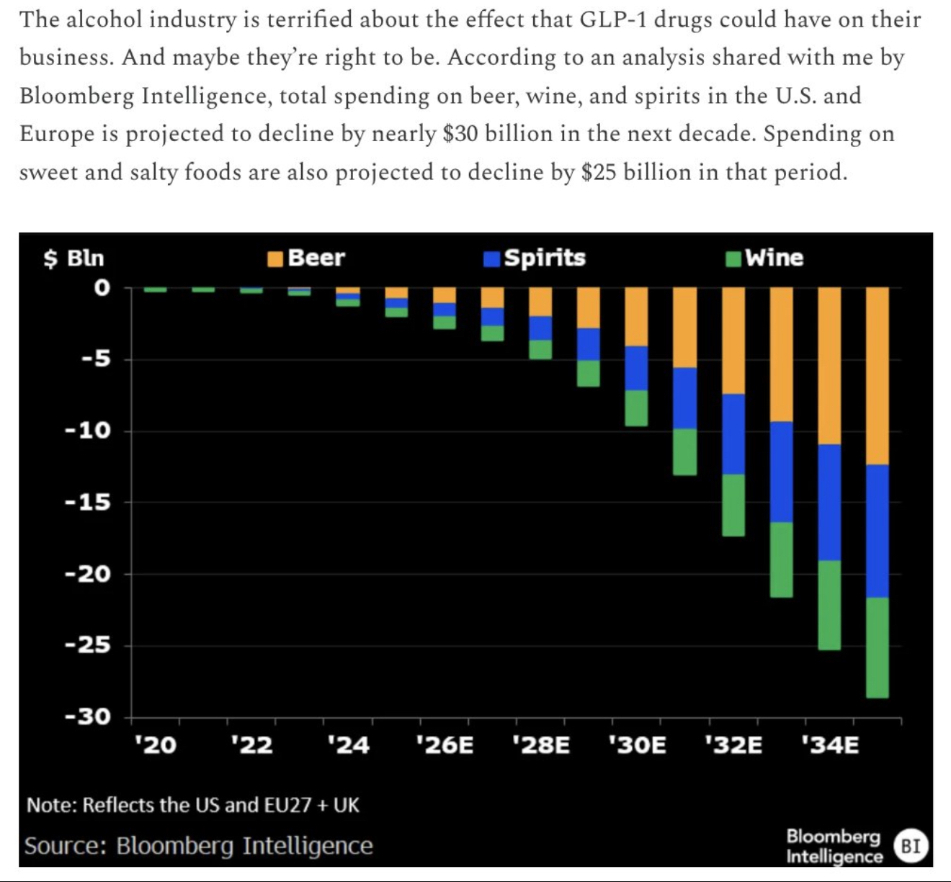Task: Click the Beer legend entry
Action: pos(306,258)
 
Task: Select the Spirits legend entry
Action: pos(535,258)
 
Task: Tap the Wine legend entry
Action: pos(765,258)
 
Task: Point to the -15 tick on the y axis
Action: pos(88,502)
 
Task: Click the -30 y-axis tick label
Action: pos(88,716)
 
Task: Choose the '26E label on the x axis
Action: pos(445,744)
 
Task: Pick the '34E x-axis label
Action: pos(830,744)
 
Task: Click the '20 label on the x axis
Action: pos(155,744)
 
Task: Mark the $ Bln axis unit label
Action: pos(73,258)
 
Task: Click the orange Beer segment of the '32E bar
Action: pos(733,340)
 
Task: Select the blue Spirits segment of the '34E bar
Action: pos(829,502)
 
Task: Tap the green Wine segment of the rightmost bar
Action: pos(878,647)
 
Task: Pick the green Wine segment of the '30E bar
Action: pos(636,408)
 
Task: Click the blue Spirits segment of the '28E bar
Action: pos(540,328)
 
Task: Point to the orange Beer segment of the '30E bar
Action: pos(636,316)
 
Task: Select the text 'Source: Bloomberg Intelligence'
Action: pos(198,845)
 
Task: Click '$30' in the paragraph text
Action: pos(460,134)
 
